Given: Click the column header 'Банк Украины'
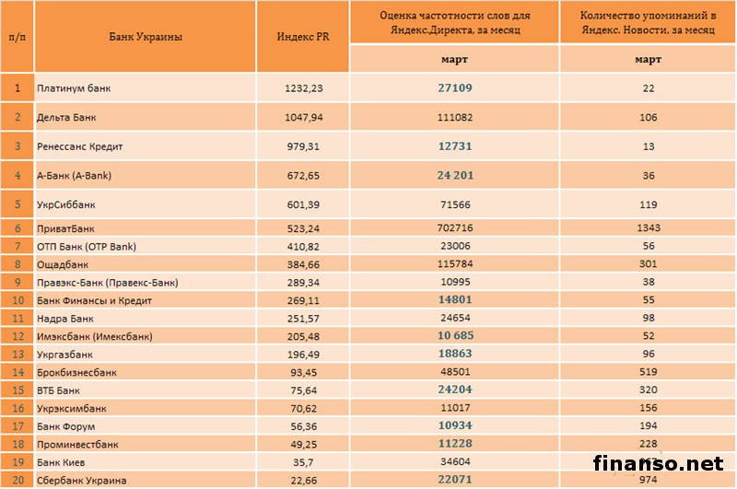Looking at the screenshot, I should click(145, 37).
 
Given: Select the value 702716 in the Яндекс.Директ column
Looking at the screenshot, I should click(453, 227).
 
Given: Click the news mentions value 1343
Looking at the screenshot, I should click(649, 227).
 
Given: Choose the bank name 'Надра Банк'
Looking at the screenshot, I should click(64, 318).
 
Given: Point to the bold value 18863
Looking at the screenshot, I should click(453, 354).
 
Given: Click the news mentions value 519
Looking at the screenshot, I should click(649, 372).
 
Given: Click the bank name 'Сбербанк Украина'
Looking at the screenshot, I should click(80, 480).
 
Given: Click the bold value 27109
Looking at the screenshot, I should click(453, 88).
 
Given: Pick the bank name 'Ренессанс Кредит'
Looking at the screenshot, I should click(80, 146).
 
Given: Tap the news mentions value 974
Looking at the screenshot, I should click(649, 480).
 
